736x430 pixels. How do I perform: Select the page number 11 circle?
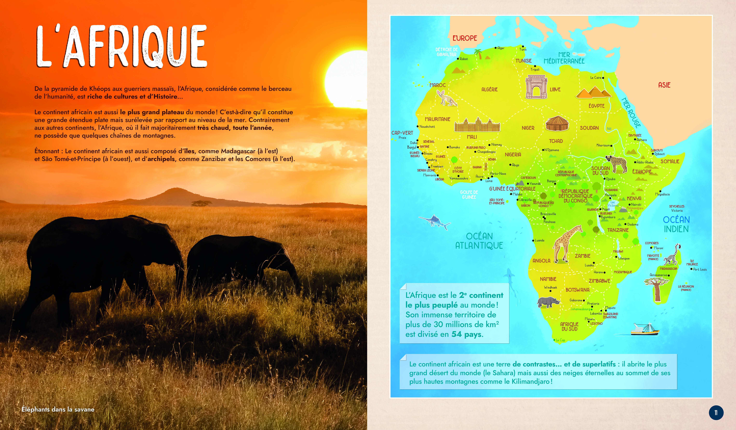click(716, 412)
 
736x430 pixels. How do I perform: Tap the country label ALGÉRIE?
click(489, 89)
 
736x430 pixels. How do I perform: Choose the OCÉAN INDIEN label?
click(676, 224)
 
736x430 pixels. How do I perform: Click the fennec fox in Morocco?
click(446, 98)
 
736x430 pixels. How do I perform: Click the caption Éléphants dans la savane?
click(58, 409)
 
